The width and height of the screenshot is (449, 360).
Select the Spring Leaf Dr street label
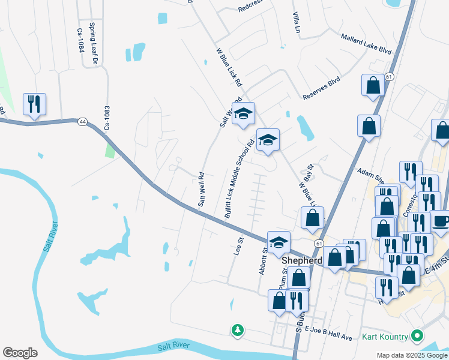point(94,43)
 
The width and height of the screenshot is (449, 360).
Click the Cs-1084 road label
point(80,41)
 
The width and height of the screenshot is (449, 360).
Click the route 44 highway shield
point(82,122)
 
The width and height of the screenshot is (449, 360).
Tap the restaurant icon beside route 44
point(34,104)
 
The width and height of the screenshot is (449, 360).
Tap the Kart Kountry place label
point(385,337)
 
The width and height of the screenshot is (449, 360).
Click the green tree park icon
point(238,330)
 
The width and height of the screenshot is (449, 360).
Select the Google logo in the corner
point(20,352)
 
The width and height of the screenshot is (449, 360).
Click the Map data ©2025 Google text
point(411,355)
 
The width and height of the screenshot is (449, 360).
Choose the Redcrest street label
point(250,8)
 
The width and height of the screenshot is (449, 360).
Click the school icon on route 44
point(279,243)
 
